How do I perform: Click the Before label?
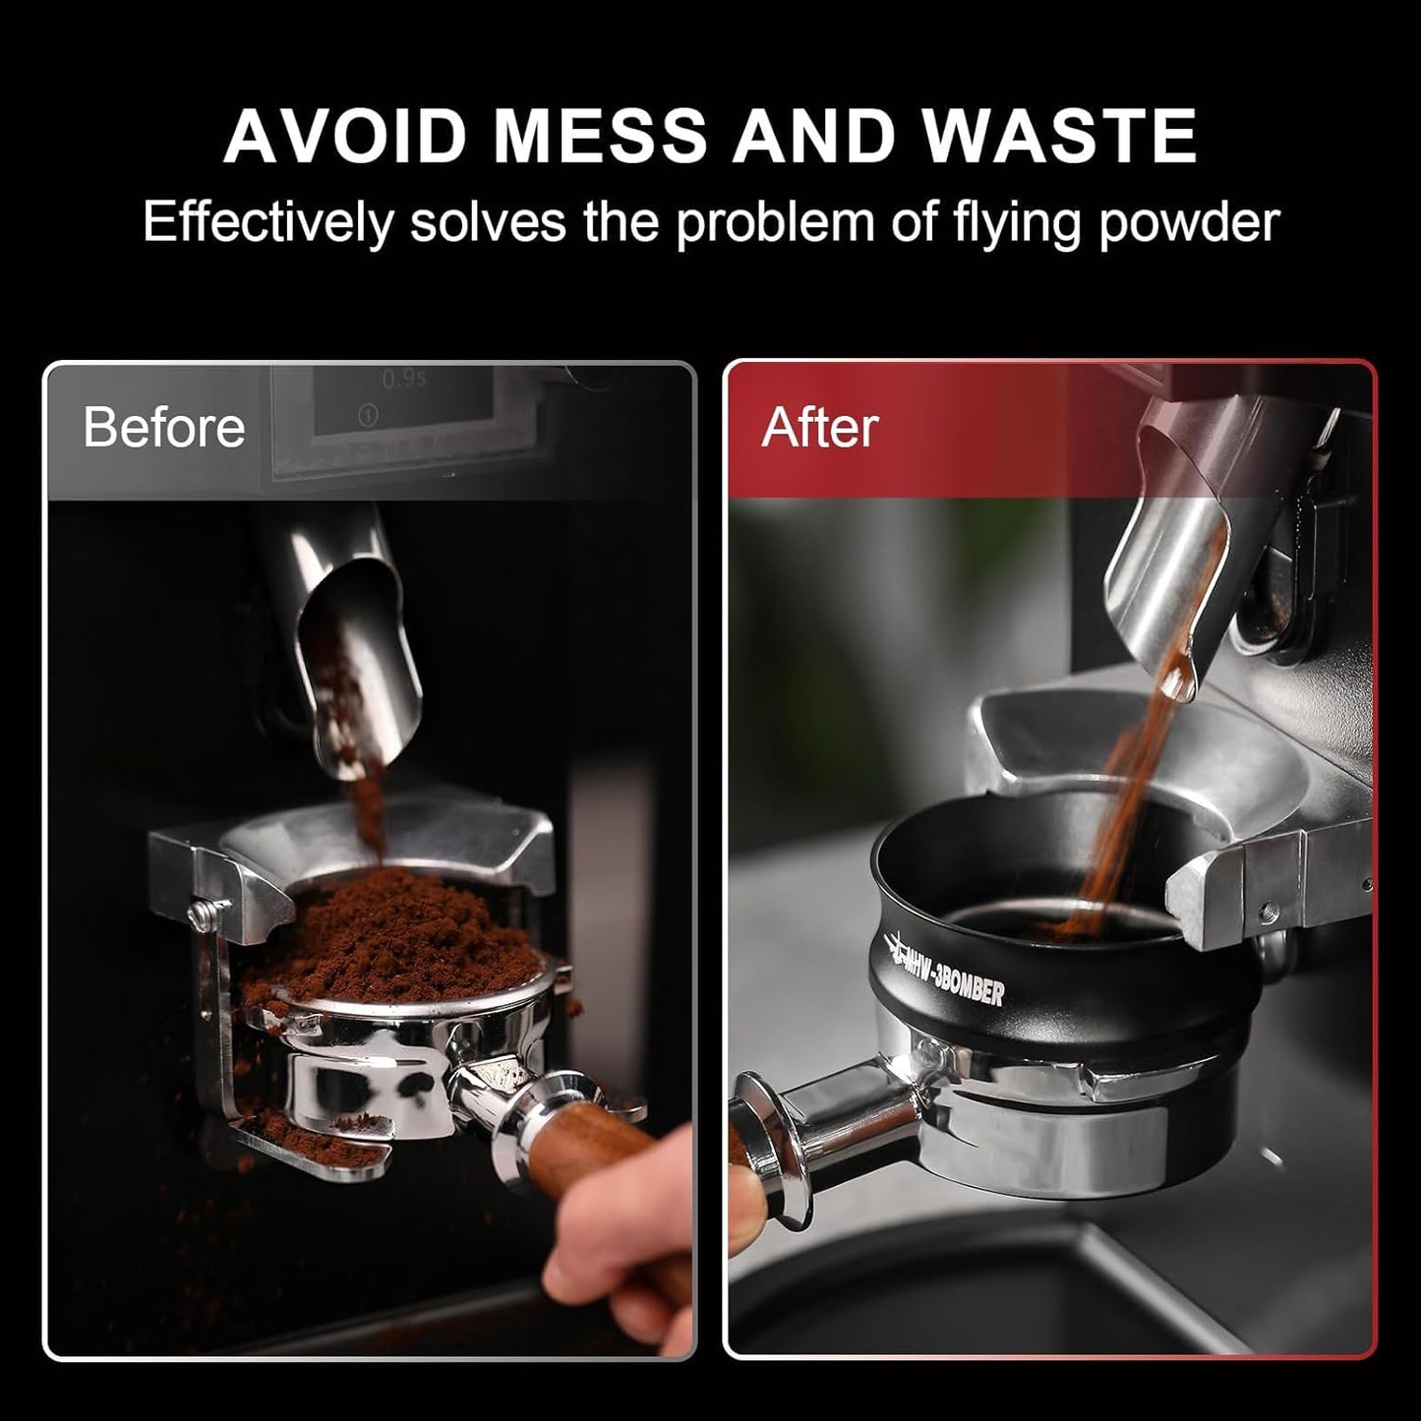[x=164, y=428]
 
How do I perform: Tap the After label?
[x=819, y=428]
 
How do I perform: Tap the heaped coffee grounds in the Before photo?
[x=393, y=934]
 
